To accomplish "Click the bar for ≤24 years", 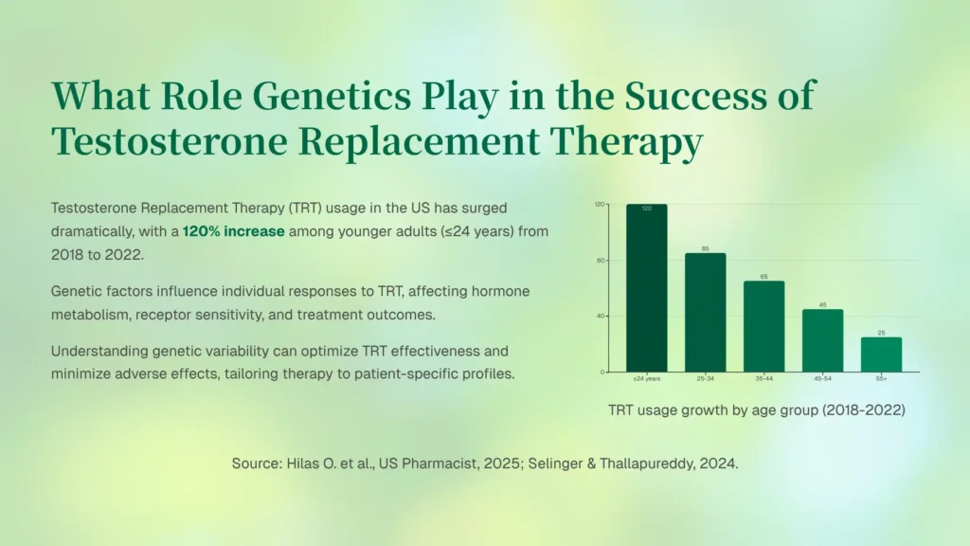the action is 646,288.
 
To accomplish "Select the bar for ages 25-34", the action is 705,313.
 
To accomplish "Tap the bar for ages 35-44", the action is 764,326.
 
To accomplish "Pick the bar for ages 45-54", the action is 823,340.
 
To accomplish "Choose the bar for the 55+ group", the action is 882,355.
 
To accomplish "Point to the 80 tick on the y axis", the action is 600,261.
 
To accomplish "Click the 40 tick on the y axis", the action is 600,317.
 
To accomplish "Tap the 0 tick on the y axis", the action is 602,372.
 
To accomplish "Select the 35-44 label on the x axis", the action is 764,379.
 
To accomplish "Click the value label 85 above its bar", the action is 705,249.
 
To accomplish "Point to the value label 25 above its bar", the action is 882,333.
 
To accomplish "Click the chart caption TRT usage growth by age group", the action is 757,410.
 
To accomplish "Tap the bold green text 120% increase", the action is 233,231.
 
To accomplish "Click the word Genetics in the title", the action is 332,96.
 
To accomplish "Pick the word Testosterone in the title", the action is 170,142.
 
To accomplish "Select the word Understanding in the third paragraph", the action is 99,352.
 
